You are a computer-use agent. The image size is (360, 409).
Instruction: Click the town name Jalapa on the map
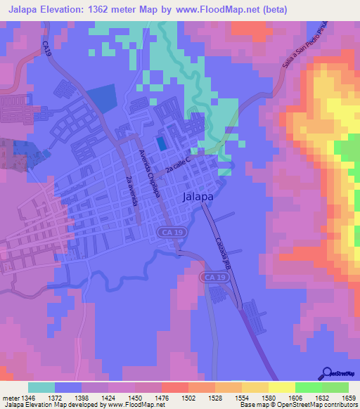coord(198,197)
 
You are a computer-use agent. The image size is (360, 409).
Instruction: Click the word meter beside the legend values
coord(13,397)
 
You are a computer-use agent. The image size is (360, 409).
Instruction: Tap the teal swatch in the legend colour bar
coord(41,387)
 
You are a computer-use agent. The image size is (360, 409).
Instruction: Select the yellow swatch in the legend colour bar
coord(281,387)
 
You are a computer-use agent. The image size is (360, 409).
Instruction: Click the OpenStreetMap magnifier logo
coord(328,373)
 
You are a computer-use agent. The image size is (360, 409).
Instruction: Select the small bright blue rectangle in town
coord(162,143)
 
